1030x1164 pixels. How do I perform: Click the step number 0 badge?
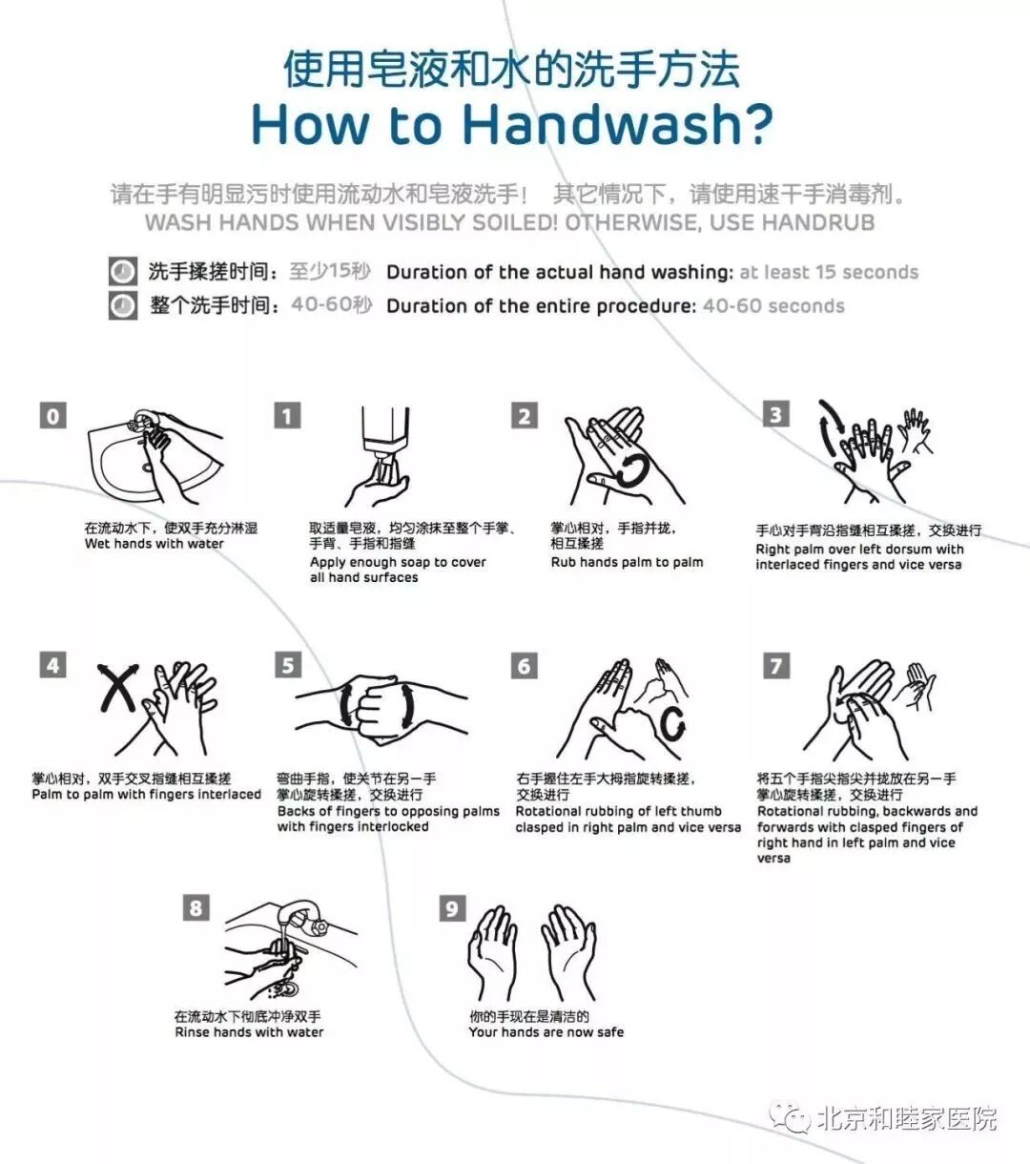[52, 415]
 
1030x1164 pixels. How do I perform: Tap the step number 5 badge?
[288, 665]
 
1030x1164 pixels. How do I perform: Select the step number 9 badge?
[452, 907]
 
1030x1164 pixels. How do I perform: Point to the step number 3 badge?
[775, 414]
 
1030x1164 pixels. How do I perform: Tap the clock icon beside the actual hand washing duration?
[123, 272]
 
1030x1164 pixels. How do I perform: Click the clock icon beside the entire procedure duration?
[123, 305]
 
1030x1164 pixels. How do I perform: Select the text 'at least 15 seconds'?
[829, 272]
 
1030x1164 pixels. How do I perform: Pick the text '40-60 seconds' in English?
[773, 305]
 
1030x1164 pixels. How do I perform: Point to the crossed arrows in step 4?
[118, 688]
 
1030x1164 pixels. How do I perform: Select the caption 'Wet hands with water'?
[154, 544]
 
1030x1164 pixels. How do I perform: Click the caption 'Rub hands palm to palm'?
[627, 562]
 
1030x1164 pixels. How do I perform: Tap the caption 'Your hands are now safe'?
[546, 1032]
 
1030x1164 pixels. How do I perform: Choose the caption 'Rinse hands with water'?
[249, 1032]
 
